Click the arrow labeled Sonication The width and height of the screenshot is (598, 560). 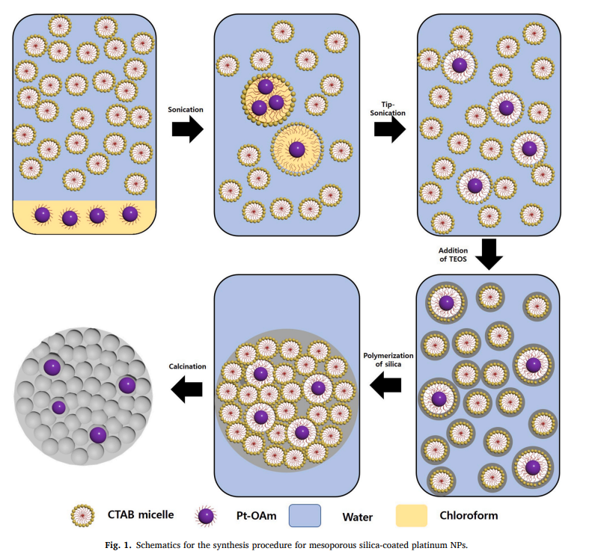coord(186,129)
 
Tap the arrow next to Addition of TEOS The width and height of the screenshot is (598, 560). coord(491,253)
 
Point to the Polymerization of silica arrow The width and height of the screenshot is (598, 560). coord(387,386)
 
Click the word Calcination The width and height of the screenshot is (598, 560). coord(186,366)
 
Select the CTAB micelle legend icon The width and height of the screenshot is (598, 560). coord(83,515)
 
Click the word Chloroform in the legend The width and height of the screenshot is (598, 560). coord(469,515)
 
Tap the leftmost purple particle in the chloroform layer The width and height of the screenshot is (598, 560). coord(43,215)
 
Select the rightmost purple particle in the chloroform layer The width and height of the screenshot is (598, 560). coord(129,215)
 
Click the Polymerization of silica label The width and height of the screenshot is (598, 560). coord(387,360)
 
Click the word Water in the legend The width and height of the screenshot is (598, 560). coord(358,515)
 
